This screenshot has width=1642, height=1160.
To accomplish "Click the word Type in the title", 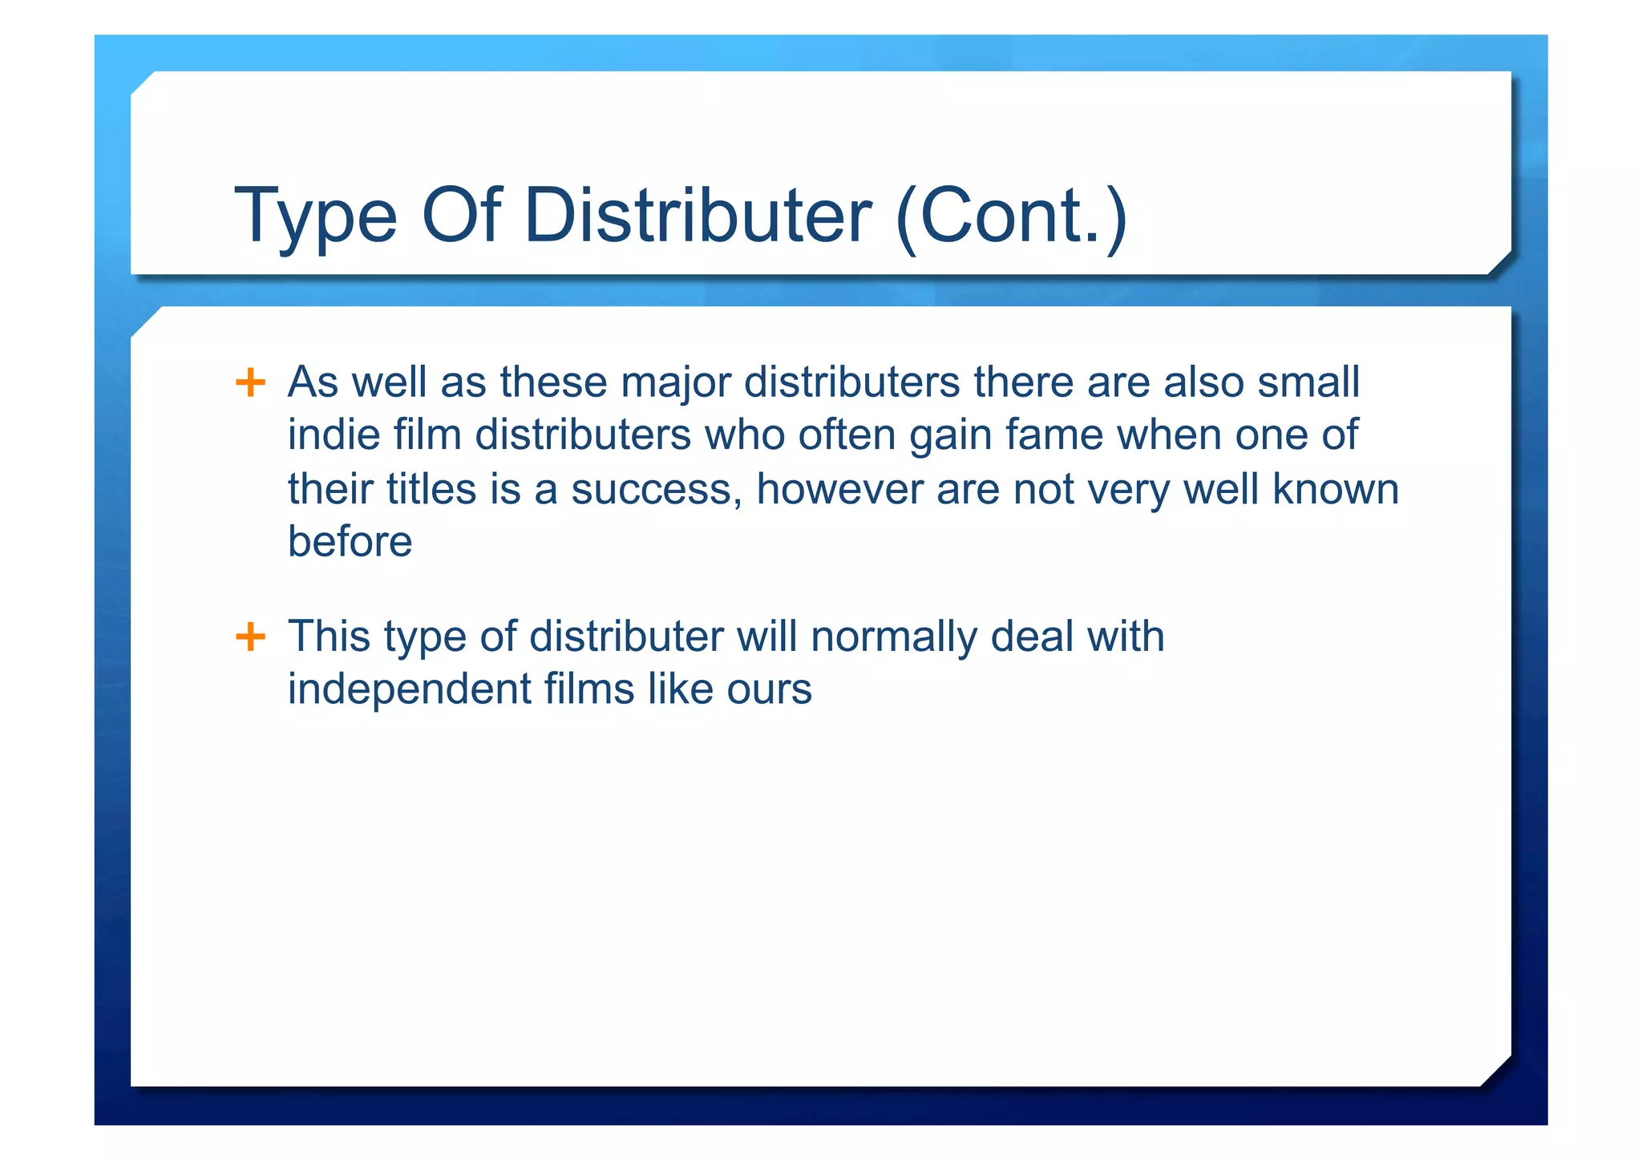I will click(x=315, y=216).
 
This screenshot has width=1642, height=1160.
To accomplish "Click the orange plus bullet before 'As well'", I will click(x=250, y=382).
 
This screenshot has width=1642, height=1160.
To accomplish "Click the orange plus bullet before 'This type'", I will click(x=250, y=637).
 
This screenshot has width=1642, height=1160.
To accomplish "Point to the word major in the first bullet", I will click(x=675, y=382).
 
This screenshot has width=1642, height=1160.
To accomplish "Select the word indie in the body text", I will click(x=334, y=434).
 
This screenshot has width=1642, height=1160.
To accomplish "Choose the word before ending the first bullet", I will click(x=350, y=541).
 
